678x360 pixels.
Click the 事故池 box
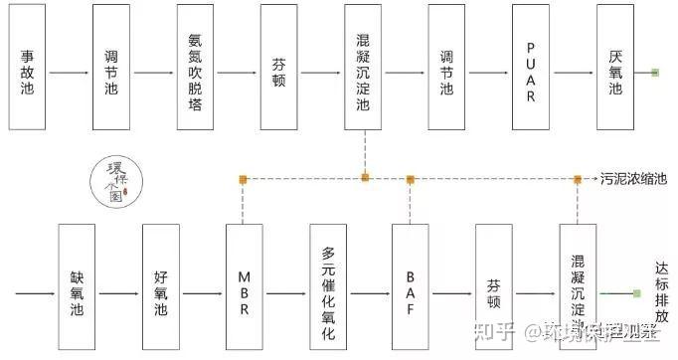(27, 67)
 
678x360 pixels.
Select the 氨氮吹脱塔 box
(195, 67)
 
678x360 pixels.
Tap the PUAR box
(531, 67)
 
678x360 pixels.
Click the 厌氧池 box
(615, 67)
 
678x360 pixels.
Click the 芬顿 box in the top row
(278, 67)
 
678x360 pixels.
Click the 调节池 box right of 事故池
(110, 67)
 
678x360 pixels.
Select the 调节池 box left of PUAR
(446, 67)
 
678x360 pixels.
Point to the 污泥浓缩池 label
(632, 179)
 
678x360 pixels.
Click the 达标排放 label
(662, 291)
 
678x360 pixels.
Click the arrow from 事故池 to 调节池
(69, 74)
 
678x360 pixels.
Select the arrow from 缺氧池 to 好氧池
(118, 294)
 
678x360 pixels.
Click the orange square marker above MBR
(244, 179)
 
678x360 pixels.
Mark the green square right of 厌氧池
(654, 73)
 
